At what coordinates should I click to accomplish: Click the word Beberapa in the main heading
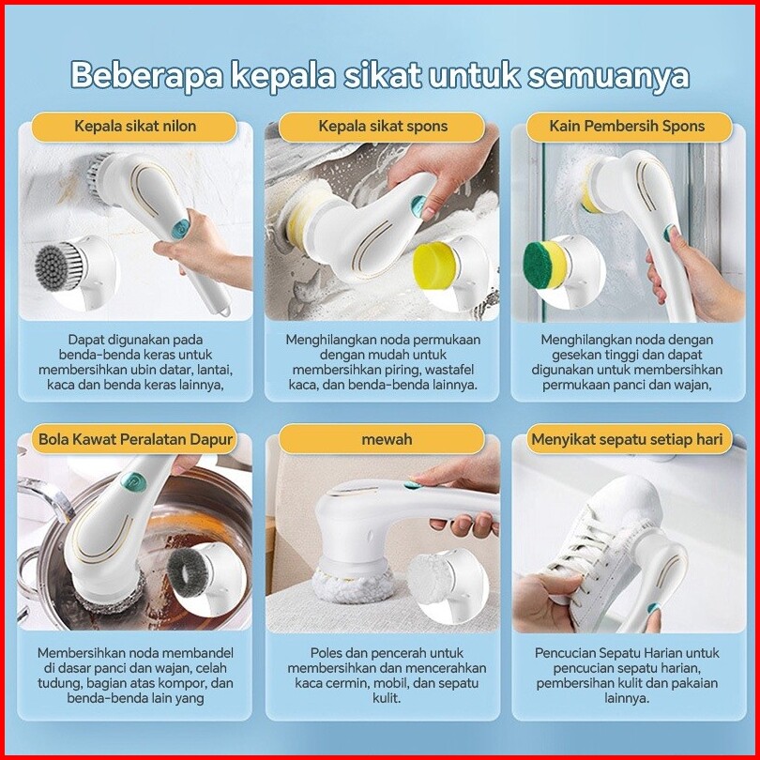(x=146, y=76)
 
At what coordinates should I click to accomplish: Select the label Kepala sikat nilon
(x=135, y=127)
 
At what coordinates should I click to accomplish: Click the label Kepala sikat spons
(x=383, y=127)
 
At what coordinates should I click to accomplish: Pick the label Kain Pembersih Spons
(x=627, y=127)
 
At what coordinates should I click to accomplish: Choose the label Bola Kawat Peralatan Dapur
(x=136, y=440)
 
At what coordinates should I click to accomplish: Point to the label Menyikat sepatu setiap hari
(x=627, y=440)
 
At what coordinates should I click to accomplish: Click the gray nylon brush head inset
(x=61, y=267)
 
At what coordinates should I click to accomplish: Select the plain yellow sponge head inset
(x=435, y=266)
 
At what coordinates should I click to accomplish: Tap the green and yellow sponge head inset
(x=545, y=266)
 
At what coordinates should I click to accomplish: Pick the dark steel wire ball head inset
(x=188, y=575)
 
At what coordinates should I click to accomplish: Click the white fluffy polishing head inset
(x=431, y=578)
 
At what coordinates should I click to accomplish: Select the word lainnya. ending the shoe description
(x=627, y=698)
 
